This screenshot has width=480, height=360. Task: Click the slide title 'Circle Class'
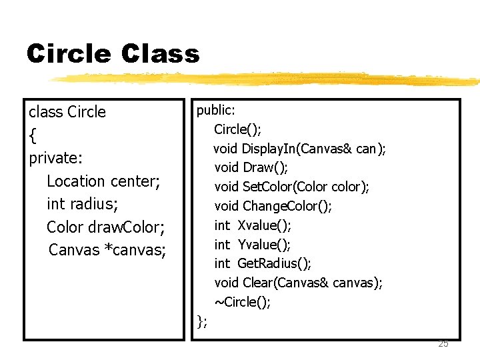coord(113,53)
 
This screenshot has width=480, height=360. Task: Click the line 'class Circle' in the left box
coord(67,111)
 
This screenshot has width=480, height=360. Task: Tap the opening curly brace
coord(33,136)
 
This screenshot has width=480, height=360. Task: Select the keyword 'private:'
coord(56,158)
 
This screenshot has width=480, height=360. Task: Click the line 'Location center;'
coord(103,181)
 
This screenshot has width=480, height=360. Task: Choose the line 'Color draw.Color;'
coord(105,227)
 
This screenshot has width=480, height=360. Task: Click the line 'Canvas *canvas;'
coord(107,250)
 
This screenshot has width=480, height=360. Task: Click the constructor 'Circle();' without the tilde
coord(237,129)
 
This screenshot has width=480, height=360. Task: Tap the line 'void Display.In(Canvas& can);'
coord(299,148)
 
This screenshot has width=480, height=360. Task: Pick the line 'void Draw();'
coord(251,167)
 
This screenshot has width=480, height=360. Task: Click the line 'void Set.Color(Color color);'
coord(291,187)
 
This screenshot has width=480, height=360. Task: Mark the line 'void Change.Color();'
coord(273,206)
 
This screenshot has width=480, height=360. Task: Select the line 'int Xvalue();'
coord(253,225)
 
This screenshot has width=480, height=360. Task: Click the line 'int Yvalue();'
coord(252,244)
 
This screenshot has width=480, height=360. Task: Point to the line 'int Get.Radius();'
coord(263,263)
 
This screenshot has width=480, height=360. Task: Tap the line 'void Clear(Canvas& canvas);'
coord(298,283)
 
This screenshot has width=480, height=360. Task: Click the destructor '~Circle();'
coord(242,302)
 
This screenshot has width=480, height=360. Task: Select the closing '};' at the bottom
coord(203,323)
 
